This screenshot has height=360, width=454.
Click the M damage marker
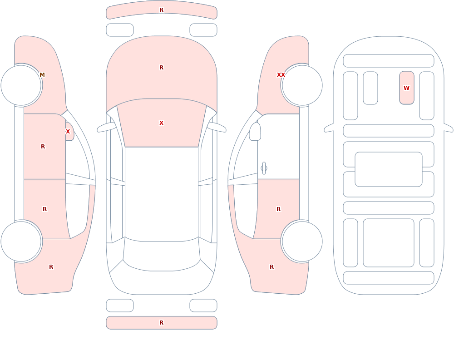[x=42, y=75]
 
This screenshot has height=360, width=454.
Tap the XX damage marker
[x=281, y=75]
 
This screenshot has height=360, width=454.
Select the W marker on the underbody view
[x=406, y=88]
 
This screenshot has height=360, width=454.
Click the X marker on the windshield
[x=162, y=123]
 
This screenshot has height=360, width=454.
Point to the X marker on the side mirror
[x=68, y=132]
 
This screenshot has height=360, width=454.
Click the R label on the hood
[x=162, y=68]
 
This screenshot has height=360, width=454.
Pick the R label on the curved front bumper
[x=162, y=10]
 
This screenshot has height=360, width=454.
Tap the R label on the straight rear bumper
[x=162, y=323]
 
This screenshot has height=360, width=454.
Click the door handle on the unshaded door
[x=264, y=168]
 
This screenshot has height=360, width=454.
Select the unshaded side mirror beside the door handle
[x=255, y=132]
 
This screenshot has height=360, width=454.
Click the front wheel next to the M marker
[x=21, y=85]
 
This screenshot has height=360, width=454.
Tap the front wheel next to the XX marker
[x=302, y=85]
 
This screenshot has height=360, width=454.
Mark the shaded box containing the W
[x=406, y=88]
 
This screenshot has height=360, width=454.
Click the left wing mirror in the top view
[x=106, y=127]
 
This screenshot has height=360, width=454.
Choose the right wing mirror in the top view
[x=217, y=127]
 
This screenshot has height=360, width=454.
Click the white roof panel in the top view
[x=162, y=194]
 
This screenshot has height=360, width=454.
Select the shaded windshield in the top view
[x=162, y=123]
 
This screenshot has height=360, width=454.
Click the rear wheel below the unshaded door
[x=302, y=242]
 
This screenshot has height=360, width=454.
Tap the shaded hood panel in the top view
[x=162, y=69]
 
